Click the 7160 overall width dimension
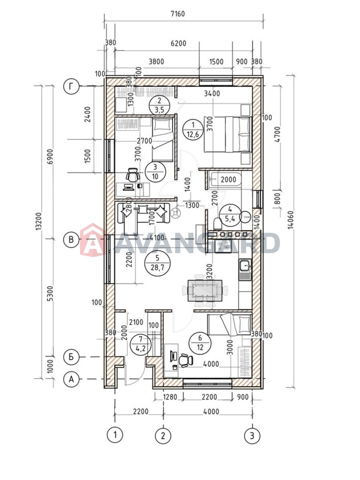point(178,14)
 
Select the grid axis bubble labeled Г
point(71,86)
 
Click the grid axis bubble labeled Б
point(71,357)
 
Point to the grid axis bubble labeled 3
point(252,435)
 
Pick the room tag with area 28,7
point(157,263)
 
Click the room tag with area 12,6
point(193,130)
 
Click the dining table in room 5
point(205,291)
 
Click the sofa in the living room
point(143,214)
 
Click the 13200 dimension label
point(38,221)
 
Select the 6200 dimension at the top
point(178,44)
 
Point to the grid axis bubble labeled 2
point(163,435)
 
